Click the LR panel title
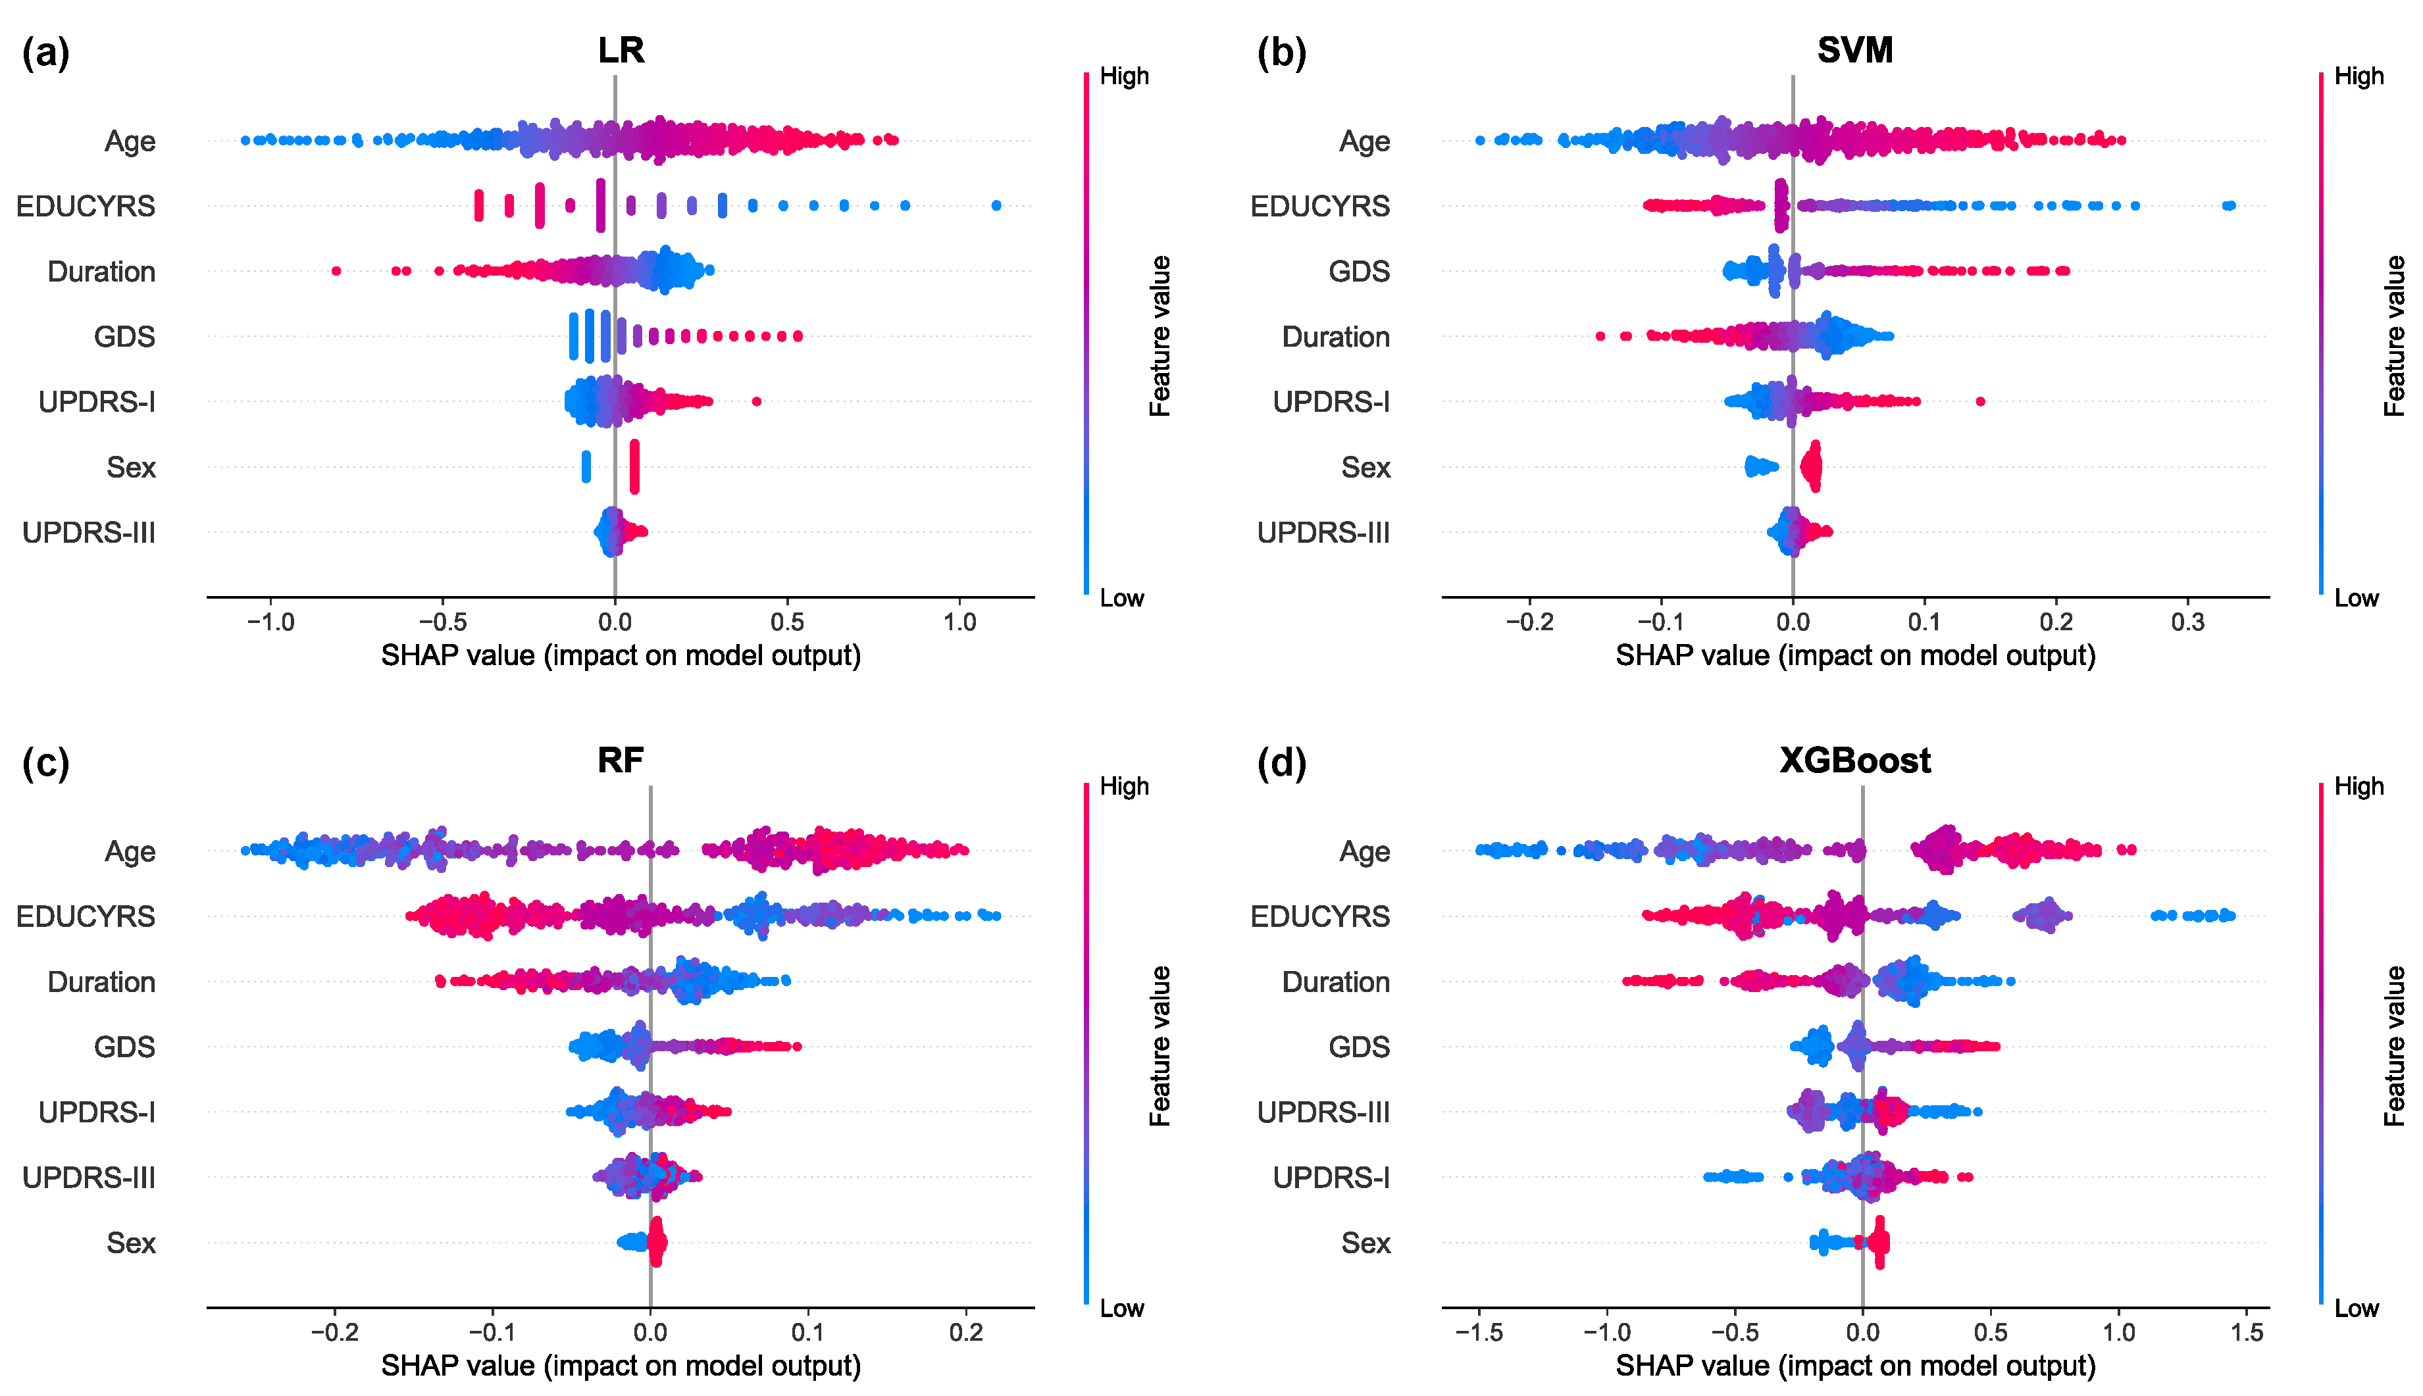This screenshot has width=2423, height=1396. pyautogui.click(x=621, y=50)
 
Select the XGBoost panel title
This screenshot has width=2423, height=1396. pyautogui.click(x=1854, y=760)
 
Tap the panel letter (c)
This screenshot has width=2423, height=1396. pyautogui.click(x=45, y=763)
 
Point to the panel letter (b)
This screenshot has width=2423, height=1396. pyautogui.click(x=1281, y=53)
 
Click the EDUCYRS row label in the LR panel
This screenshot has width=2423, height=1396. pyautogui.click(x=86, y=206)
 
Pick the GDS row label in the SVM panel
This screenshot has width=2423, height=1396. pyautogui.click(x=1359, y=271)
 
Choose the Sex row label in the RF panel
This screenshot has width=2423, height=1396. pyautogui.click(x=130, y=1243)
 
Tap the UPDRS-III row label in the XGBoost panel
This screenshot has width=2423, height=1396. pyautogui.click(x=1323, y=1112)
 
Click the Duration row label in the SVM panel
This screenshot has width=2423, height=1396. pyautogui.click(x=1336, y=337)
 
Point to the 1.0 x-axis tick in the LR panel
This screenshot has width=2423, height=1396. pyautogui.click(x=959, y=622)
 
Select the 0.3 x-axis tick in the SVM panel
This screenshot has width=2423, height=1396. pyautogui.click(x=2187, y=622)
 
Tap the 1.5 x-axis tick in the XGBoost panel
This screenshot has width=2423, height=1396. pyautogui.click(x=2247, y=1333)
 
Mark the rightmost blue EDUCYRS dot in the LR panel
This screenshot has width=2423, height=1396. pyautogui.click(x=996, y=206)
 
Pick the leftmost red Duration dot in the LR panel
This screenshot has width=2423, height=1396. pyautogui.click(x=336, y=271)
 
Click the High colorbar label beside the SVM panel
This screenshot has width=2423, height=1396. pyautogui.click(x=2359, y=76)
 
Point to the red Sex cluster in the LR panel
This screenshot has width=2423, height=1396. pyautogui.click(x=634, y=467)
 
